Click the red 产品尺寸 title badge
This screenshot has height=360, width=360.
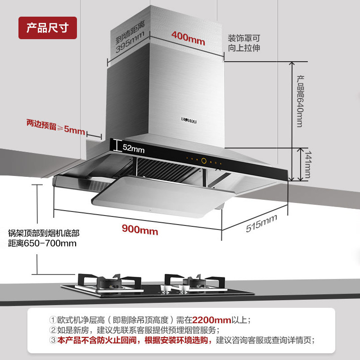(48, 28)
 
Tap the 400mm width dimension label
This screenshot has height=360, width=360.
(188, 39)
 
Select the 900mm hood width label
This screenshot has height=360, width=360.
(140, 231)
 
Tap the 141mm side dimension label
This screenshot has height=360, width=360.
(307, 164)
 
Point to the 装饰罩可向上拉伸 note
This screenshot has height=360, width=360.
(243, 43)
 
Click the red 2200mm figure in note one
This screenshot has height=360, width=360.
(211, 320)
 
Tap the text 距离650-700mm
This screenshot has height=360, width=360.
(42, 243)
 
